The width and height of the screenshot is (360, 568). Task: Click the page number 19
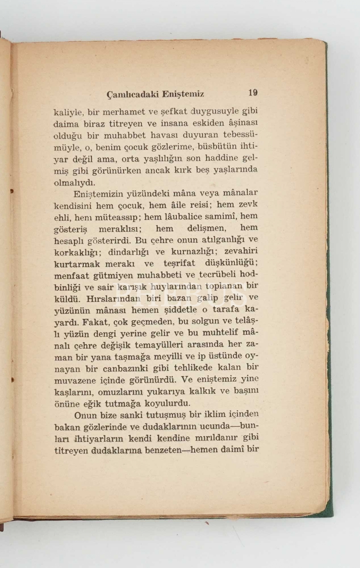(x=253, y=93)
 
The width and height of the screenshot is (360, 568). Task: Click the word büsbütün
(x=217, y=146)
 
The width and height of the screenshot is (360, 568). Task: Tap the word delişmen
(x=207, y=229)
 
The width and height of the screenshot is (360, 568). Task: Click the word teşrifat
(x=179, y=263)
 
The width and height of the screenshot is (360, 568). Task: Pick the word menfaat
(x=72, y=276)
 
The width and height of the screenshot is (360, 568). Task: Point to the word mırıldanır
(x=216, y=438)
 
